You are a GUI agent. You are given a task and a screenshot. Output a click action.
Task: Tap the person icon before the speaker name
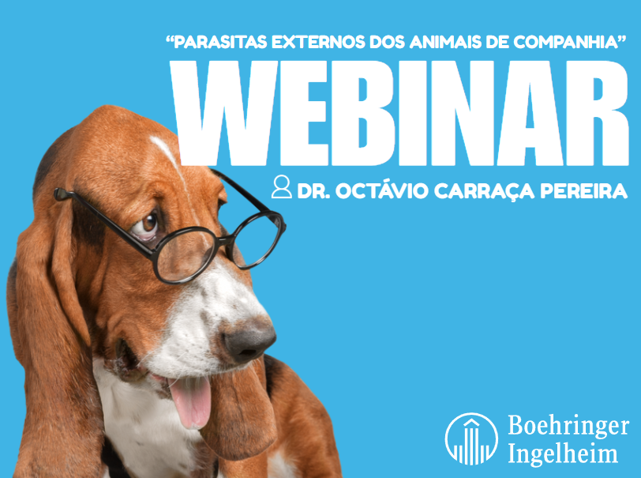(x=280, y=187)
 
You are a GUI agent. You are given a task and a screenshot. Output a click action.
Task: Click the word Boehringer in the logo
(x=568, y=427)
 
